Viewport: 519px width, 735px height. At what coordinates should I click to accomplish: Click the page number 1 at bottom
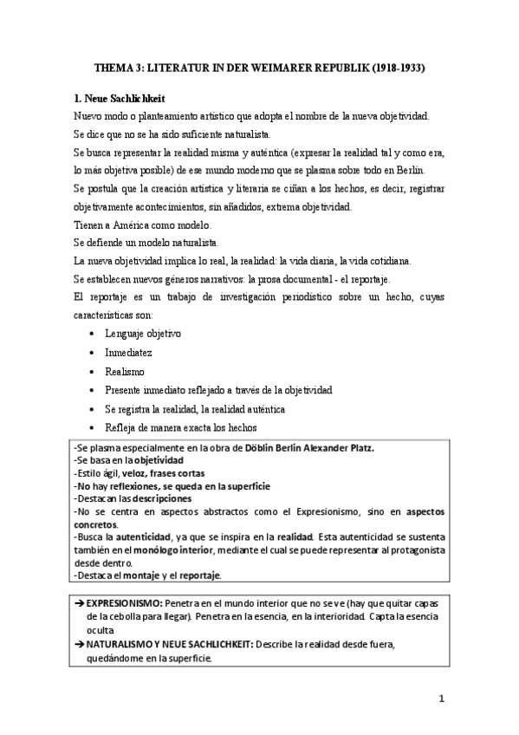441,699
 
